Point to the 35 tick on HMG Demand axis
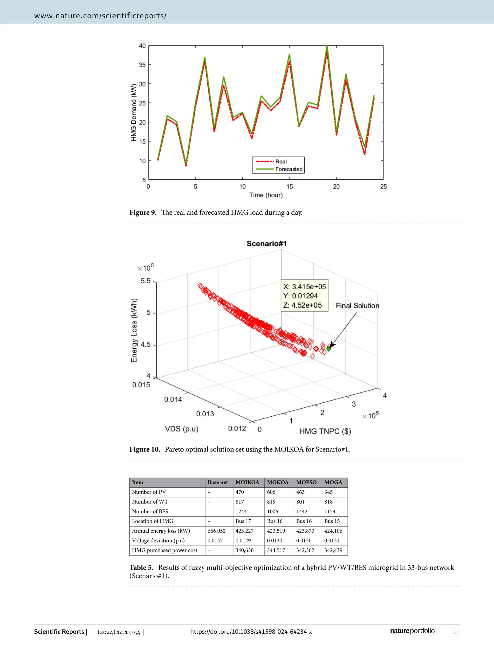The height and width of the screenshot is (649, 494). pos(142,65)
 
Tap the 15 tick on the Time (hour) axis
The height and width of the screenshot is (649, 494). pos(289,186)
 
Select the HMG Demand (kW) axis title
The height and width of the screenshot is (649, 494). pos(134,112)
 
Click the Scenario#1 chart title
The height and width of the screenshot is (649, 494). pos(266,243)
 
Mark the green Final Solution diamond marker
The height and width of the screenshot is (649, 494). pos(329,349)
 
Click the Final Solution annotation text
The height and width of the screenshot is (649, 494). pos(357,306)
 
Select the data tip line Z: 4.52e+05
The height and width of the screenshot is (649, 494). pos(302,305)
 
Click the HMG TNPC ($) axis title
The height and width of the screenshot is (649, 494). pos(325,431)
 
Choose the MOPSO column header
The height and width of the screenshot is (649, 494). pos(306,482)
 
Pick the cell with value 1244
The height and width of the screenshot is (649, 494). pos(241,511)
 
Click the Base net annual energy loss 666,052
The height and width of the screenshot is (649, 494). pos(216,531)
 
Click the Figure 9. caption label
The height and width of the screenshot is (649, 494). pos(143,212)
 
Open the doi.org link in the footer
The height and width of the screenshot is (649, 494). pos(251,632)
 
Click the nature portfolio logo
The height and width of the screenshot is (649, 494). pos(412,631)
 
